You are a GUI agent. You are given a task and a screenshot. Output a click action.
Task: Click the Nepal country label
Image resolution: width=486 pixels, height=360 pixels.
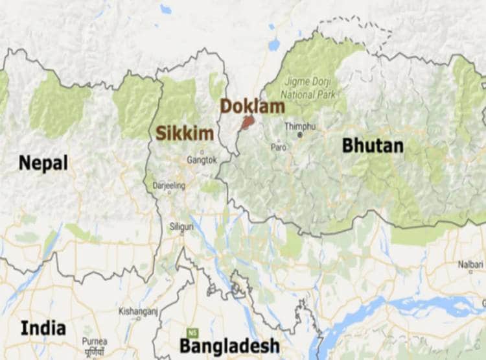43,162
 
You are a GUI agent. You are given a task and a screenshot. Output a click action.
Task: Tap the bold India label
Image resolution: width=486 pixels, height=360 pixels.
43,328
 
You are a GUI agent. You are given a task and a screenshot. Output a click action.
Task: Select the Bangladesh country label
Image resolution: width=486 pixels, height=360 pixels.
229,345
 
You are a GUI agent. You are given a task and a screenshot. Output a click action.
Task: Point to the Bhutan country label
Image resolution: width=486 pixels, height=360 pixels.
373,145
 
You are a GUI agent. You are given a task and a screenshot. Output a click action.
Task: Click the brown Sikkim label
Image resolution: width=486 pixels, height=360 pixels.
175,134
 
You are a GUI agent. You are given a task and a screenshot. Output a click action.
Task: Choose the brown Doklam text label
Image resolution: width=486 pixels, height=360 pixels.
252,106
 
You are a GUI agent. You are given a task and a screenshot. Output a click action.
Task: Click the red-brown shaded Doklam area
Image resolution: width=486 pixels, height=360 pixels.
247,122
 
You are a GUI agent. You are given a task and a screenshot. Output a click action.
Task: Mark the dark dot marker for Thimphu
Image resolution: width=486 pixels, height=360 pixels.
299,135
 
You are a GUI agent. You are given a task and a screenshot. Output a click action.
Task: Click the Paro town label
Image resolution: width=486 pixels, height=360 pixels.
278,147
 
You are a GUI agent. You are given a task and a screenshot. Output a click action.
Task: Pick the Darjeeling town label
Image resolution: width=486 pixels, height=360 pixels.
168,185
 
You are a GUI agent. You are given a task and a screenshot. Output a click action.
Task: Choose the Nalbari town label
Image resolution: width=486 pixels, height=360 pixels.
471,265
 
